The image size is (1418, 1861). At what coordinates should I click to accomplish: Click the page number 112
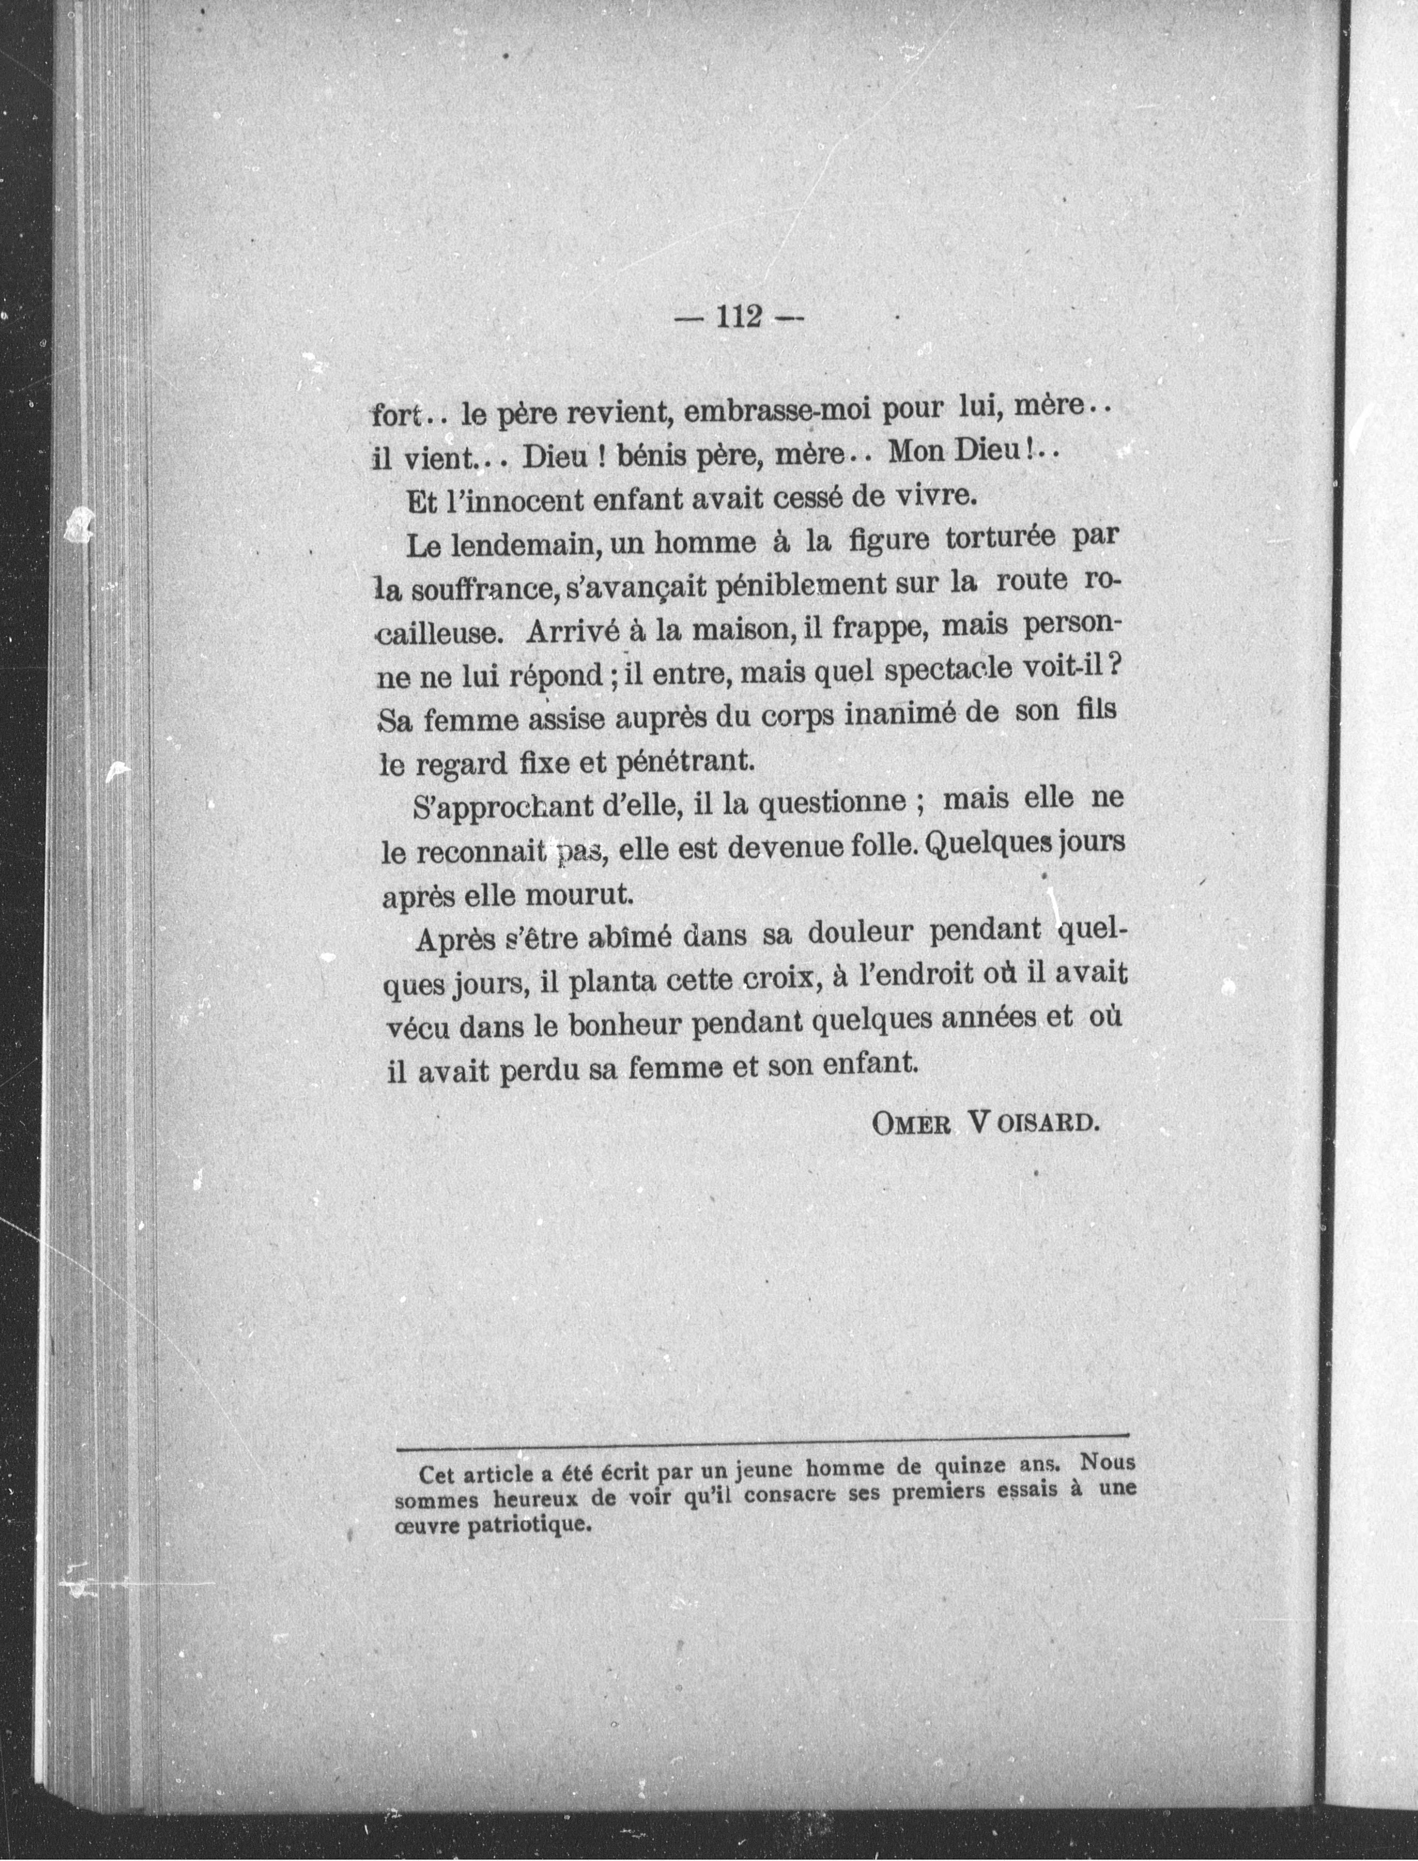point(739,317)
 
